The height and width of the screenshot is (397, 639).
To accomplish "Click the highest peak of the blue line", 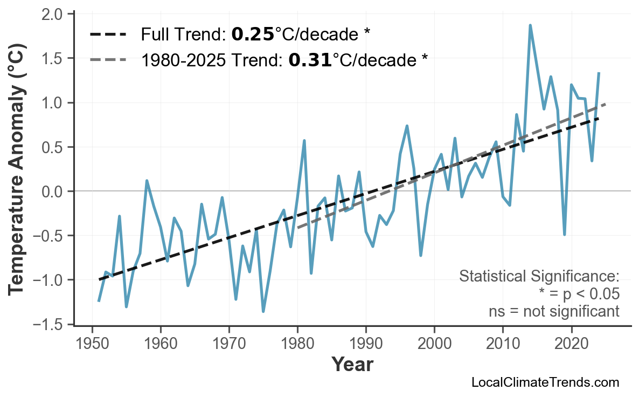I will point(530,25).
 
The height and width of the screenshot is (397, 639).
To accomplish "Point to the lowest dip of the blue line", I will point(263,311).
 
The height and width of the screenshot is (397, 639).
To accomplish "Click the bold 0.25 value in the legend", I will point(253,35).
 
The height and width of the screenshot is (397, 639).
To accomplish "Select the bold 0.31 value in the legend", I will point(310,60).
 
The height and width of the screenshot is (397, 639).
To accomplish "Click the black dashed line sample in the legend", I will point(108,35).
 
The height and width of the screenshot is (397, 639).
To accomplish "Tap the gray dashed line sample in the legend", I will point(108,60).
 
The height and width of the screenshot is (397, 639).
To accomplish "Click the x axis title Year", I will point(352,365).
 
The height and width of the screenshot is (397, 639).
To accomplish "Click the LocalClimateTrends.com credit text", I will point(545,382).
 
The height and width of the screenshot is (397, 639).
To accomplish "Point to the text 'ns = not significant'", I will point(554,311).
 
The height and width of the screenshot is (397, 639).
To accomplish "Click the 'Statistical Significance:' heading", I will point(539,277).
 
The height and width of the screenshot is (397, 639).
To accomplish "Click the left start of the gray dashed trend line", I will point(298,228).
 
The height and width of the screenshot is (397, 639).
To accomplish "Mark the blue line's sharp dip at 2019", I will point(564,234).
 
